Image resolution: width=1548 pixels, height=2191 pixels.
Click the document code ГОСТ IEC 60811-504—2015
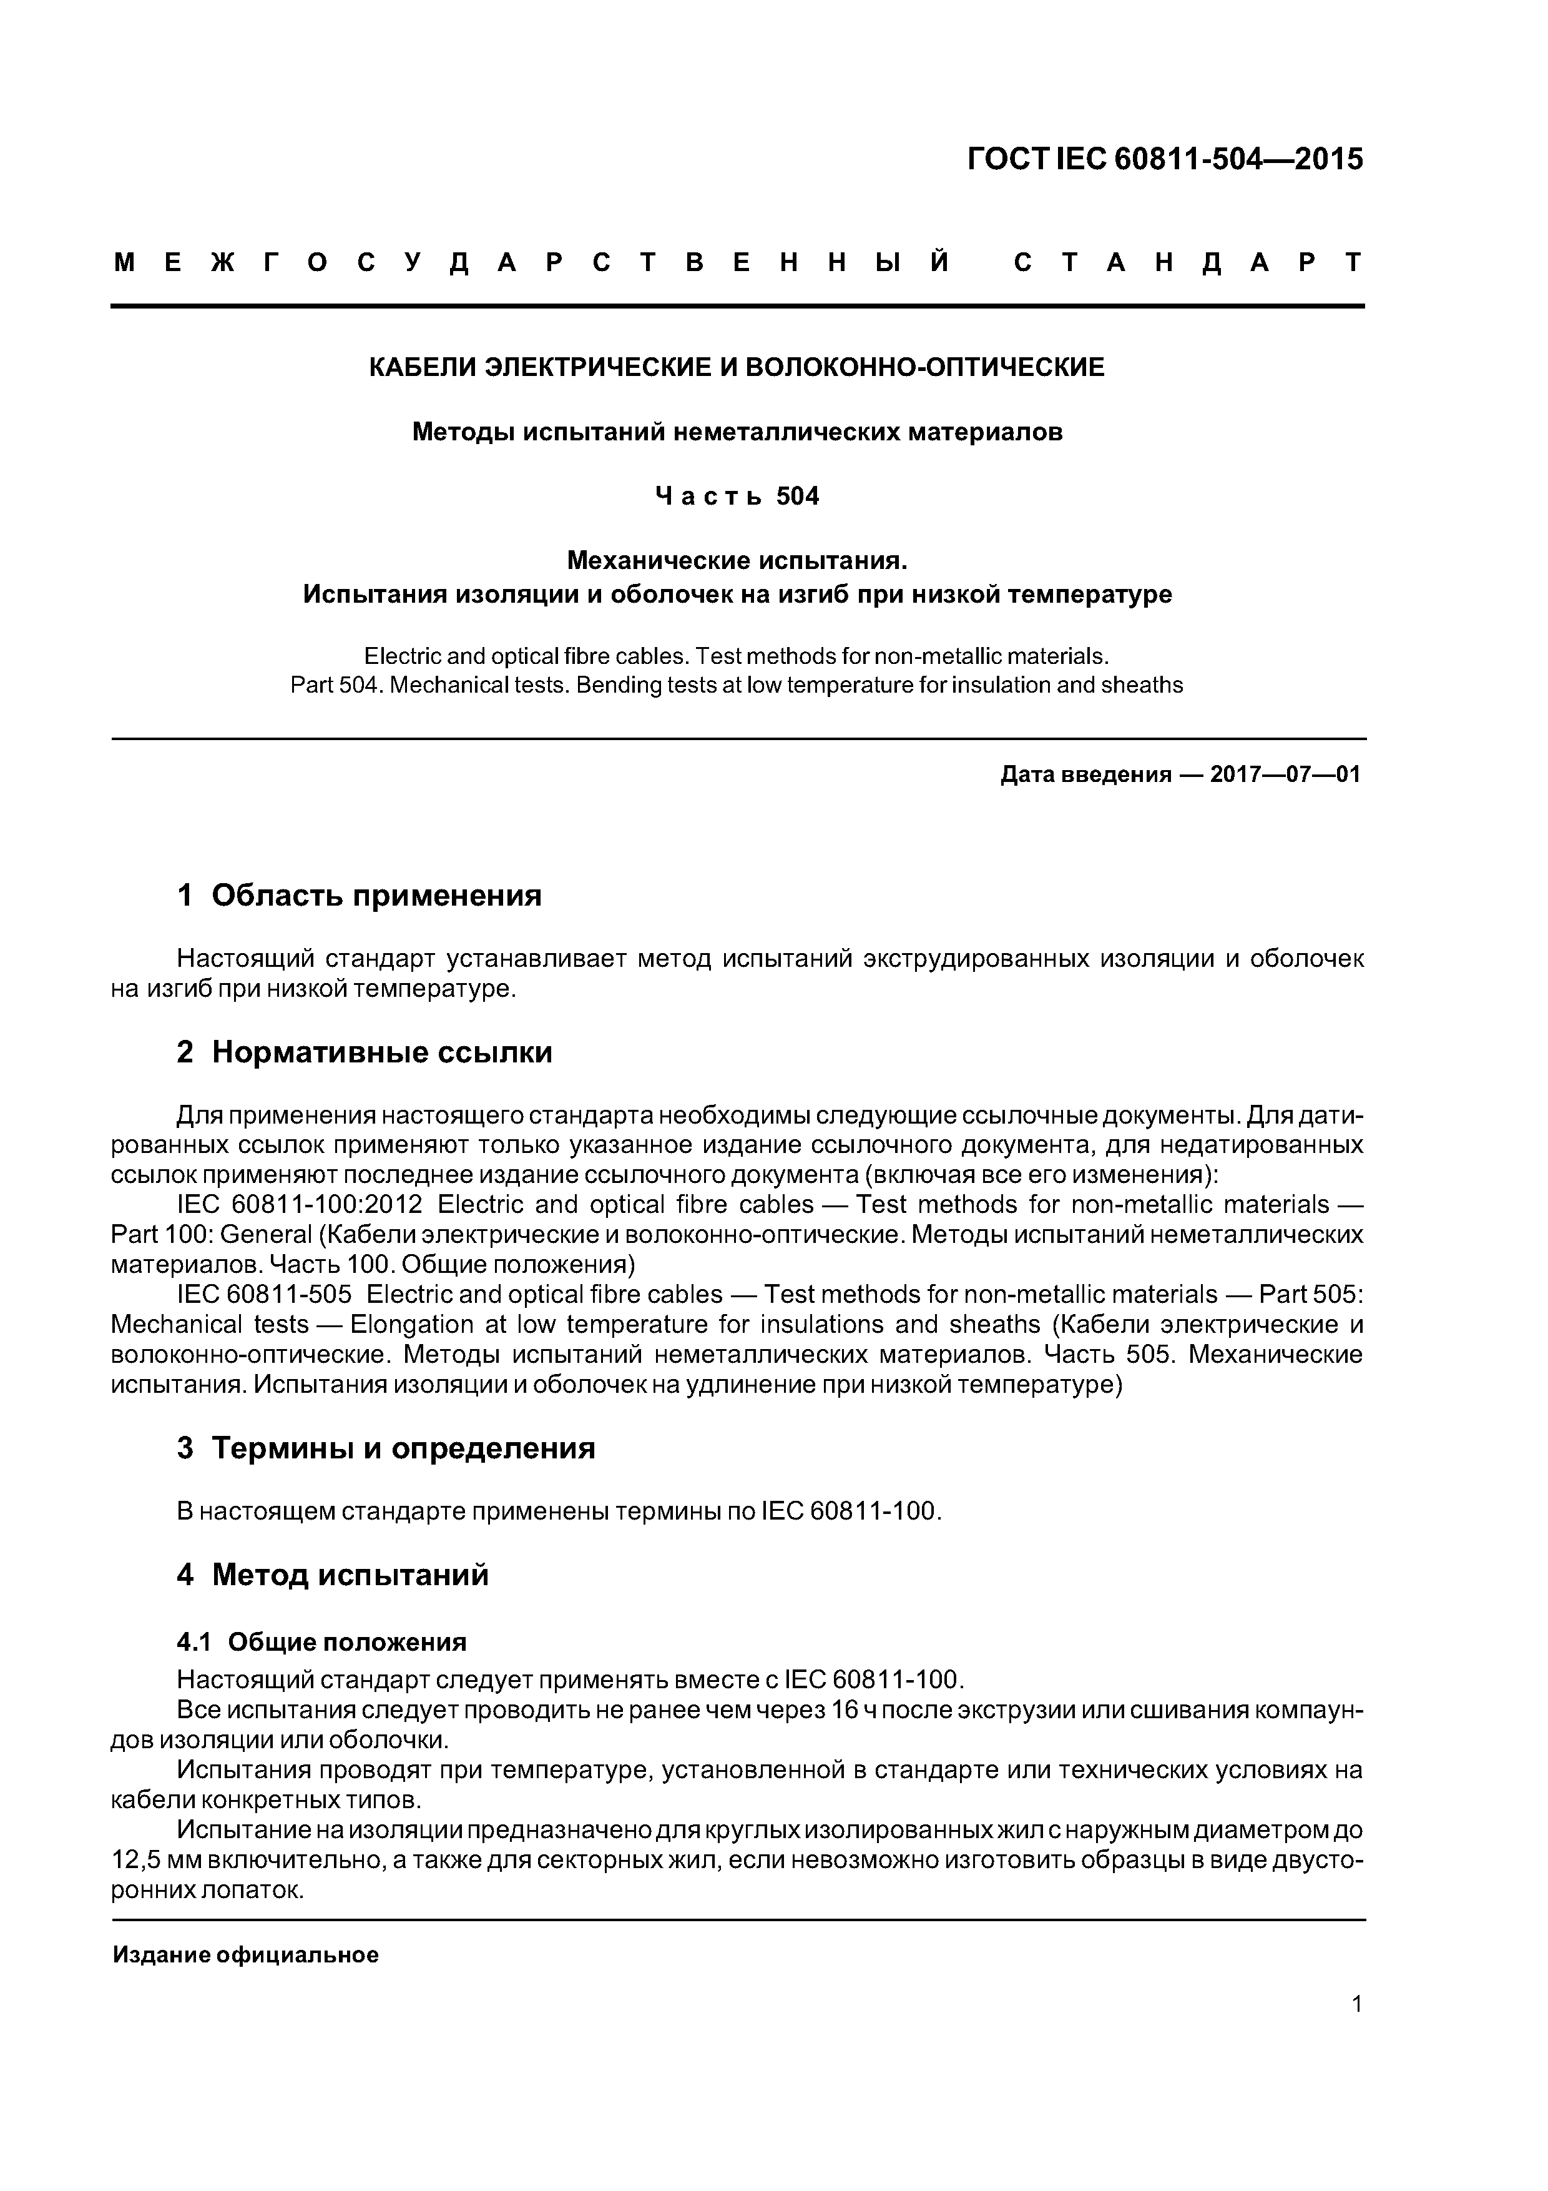[x=1165, y=159]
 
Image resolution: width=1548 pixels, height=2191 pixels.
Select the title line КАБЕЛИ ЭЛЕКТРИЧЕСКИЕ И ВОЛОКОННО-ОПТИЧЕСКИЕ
[x=737, y=367]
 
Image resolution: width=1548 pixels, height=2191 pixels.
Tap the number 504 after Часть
[x=797, y=496]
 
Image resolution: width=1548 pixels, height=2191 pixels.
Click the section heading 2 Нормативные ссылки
[x=365, y=1052]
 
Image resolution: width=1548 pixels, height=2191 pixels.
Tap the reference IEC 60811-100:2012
[x=300, y=1204]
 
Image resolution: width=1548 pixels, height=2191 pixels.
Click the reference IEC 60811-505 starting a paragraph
[x=264, y=1294]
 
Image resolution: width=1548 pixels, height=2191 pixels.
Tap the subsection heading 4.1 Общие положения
[x=321, y=1641]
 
